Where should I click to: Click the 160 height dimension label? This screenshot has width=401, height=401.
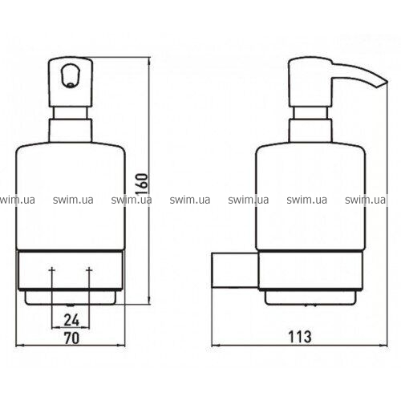[x=142, y=184]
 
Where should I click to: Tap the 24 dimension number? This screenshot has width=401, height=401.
[x=71, y=320]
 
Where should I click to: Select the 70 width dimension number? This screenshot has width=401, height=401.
[x=71, y=338]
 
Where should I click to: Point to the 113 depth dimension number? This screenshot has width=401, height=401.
[x=300, y=337]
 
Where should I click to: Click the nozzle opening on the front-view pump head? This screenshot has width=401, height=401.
[x=71, y=75]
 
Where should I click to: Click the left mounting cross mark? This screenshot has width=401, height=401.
[x=52, y=270]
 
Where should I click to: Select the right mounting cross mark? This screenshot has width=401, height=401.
[x=90, y=270]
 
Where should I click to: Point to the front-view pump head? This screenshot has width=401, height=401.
[x=71, y=82]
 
